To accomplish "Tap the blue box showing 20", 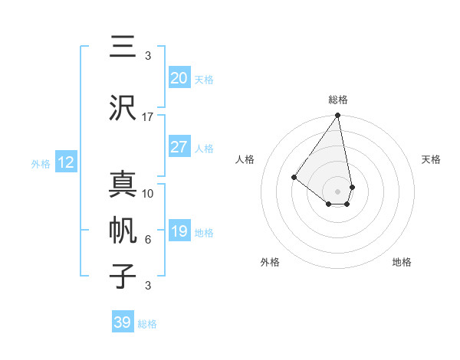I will (179, 78).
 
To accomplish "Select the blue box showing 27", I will (179, 147).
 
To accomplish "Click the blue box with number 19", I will (179, 231).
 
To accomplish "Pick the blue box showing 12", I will (66, 162).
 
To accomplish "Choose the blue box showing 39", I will (122, 322).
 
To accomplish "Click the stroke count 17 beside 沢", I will (148, 117).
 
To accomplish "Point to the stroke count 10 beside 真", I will (148, 193).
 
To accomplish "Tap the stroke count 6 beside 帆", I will (148, 240).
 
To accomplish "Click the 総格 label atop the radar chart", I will (337, 100).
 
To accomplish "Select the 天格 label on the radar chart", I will (431, 159).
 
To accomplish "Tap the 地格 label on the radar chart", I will (402, 262).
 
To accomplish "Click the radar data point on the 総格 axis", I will (337, 116).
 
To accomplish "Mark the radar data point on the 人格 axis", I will (294, 177).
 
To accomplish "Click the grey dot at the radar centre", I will (337, 191).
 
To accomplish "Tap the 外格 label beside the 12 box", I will (40, 163).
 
